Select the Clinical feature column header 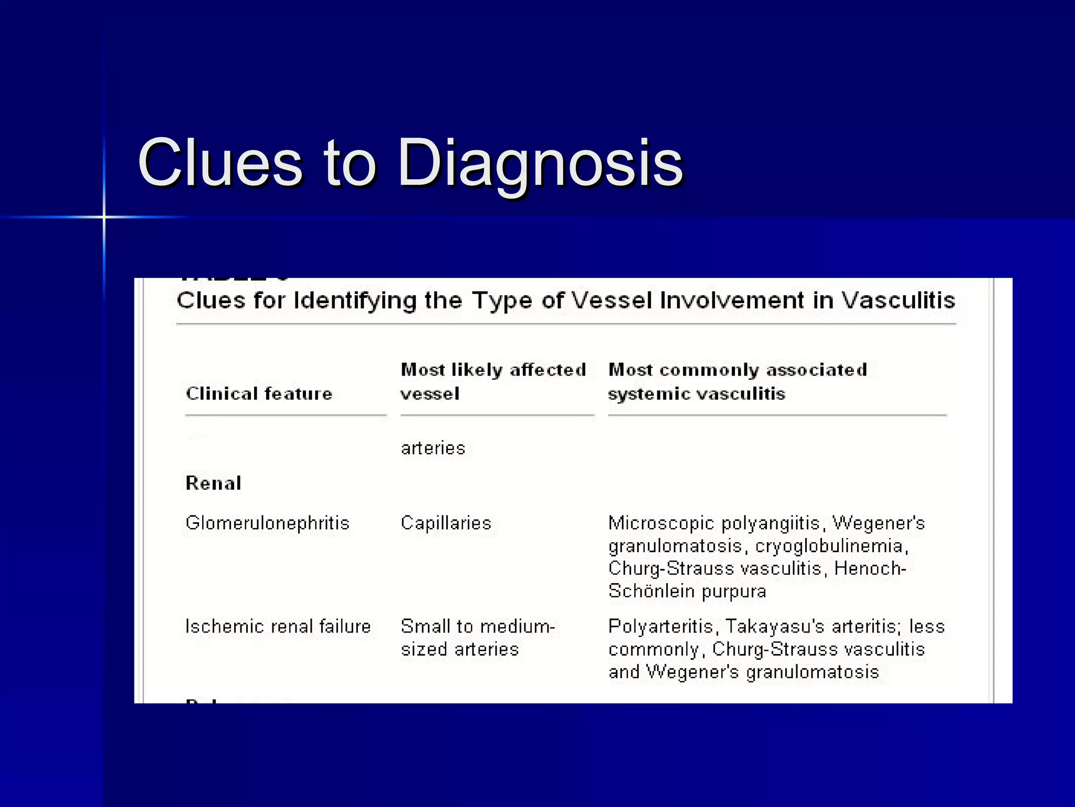point(259,394)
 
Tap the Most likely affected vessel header point(493,381)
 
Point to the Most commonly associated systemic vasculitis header point(737,381)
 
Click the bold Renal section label point(214,483)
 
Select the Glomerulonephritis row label point(268,523)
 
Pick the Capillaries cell point(446,523)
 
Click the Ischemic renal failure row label point(278,626)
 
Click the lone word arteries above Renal point(433,448)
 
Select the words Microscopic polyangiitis point(714,523)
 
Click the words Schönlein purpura point(687,592)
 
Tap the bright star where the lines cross point(104,217)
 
